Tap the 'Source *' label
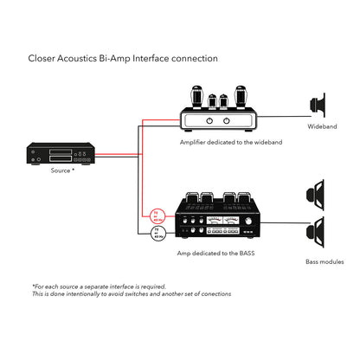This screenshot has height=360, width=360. click(x=61, y=171)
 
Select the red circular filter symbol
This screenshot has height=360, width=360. click(x=157, y=215)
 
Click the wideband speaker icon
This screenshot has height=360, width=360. click(x=318, y=106)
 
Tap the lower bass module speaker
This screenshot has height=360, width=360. click(x=319, y=234)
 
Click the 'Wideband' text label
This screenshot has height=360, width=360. click(x=322, y=127)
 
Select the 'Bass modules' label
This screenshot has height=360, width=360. click(x=325, y=260)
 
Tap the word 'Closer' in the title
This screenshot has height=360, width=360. click(x=43, y=58)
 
